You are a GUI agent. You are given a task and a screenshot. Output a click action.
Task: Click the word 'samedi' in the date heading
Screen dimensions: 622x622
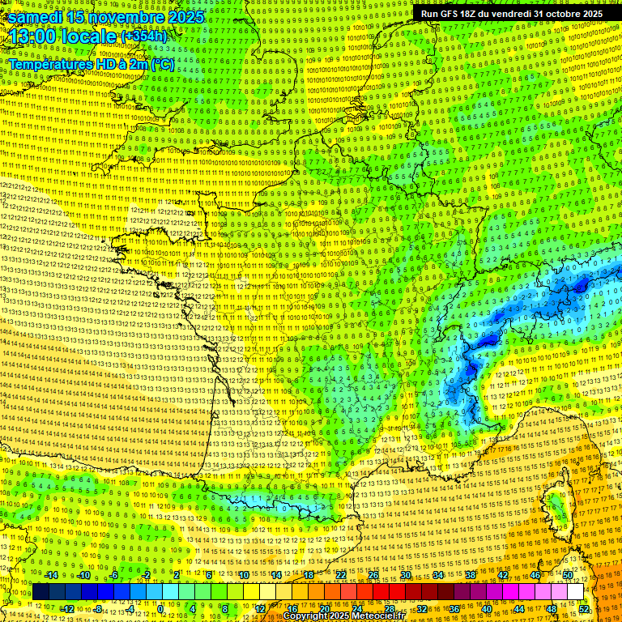pos(35,17)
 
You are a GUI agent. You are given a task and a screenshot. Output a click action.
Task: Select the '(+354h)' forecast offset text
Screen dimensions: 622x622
pos(144,37)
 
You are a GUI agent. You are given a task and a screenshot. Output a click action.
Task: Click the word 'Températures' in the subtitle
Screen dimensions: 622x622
pos(49,63)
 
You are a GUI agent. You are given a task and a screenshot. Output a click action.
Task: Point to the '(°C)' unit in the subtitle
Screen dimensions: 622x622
pos(161,63)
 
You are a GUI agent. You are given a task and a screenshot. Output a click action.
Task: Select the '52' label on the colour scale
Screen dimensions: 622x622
pos(584,608)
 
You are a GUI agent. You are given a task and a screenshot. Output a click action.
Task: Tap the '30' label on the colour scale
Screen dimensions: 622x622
pos(406,576)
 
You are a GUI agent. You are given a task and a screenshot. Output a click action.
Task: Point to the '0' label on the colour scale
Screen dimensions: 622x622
pos(160,608)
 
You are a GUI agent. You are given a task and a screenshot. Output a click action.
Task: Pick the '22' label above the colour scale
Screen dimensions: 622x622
pos(341,576)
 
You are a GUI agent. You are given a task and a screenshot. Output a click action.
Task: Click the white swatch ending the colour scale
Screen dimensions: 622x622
pos(576,592)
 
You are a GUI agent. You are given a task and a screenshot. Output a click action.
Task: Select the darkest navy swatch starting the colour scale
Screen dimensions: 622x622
pos(41,592)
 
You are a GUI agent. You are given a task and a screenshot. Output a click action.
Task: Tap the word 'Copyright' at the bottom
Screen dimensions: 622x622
pos(305,616)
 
